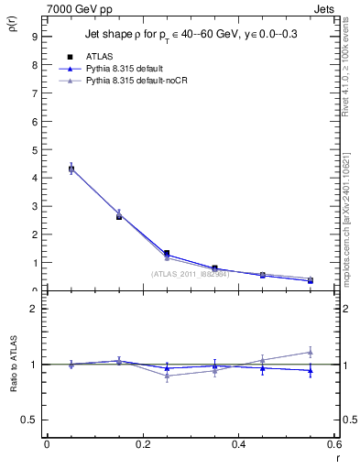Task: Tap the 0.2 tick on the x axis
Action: [143, 444]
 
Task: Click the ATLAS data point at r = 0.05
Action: [71, 169]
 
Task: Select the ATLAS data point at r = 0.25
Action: [167, 254]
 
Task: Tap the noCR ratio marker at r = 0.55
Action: [311, 352]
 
